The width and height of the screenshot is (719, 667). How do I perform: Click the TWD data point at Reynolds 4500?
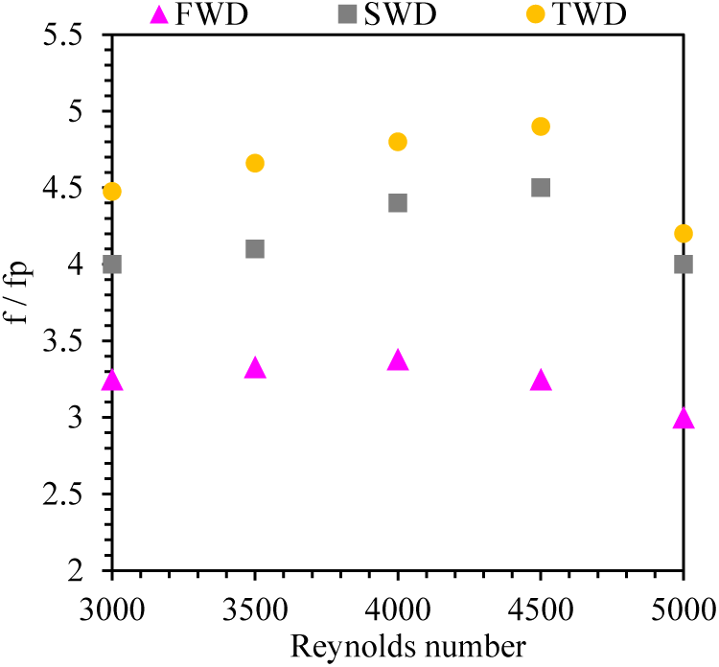coord(541,126)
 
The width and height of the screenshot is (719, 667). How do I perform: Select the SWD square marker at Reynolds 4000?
coord(398,203)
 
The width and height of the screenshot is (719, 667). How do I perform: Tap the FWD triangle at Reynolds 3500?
coord(255,369)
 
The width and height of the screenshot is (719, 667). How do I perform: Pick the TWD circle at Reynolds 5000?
coord(684,234)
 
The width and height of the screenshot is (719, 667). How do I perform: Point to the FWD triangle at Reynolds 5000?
coord(684,419)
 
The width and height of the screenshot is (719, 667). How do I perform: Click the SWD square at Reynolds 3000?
coord(112,264)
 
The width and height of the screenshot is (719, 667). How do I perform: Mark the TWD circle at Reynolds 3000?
coord(112,192)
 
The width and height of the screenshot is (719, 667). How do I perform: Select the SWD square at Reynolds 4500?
coord(541,188)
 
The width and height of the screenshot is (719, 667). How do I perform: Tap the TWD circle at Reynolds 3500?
coord(255,163)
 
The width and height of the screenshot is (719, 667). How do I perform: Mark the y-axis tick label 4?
coord(83,264)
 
